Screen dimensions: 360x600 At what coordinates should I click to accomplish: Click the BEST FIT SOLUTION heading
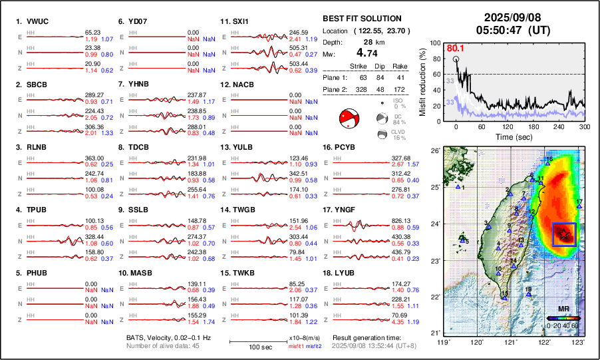click(362, 19)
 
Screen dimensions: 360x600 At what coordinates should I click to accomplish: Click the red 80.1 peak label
click(454, 48)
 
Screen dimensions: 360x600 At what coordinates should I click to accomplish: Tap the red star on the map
click(563, 233)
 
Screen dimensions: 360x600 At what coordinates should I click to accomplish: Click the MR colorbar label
click(563, 309)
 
